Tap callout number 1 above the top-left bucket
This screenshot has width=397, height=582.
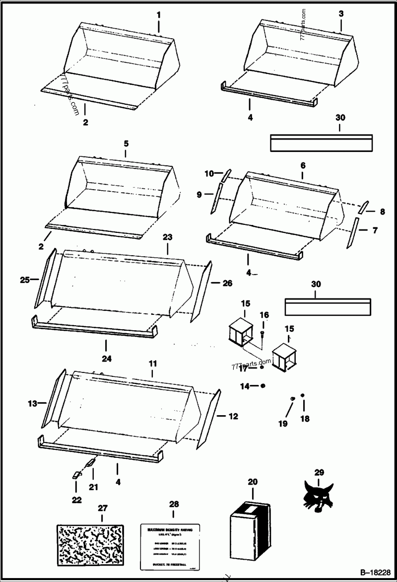click(x=158, y=15)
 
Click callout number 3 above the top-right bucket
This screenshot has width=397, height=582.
click(x=341, y=13)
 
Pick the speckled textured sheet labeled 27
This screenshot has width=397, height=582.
click(x=90, y=543)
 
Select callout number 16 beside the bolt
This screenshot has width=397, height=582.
click(x=264, y=315)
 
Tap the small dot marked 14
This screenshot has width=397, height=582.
click(x=263, y=385)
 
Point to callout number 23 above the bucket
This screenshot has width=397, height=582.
click(x=168, y=237)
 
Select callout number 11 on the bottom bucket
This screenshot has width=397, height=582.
click(x=152, y=364)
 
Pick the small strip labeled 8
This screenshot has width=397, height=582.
click(x=364, y=205)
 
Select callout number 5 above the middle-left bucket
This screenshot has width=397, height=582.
click(x=126, y=143)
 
